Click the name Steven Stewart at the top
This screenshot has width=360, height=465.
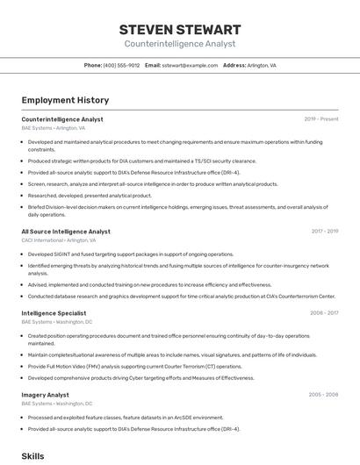(180, 29)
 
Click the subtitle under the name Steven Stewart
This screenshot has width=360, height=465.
(180, 43)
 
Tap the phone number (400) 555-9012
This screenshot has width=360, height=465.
(121, 65)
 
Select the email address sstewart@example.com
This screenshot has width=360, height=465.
(190, 65)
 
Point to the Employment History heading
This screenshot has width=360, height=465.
(65, 100)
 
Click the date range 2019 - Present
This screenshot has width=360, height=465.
(320, 118)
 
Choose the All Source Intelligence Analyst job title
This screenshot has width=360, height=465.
(66, 232)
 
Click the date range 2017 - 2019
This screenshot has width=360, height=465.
(324, 232)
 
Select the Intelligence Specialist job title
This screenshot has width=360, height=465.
(54, 313)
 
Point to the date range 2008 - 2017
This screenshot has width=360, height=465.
(324, 313)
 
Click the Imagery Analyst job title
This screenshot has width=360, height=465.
(45, 395)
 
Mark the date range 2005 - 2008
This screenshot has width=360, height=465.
(323, 395)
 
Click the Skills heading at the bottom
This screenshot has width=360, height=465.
(32, 456)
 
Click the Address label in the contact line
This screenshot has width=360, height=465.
(234, 65)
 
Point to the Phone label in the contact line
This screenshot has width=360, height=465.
(92, 65)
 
